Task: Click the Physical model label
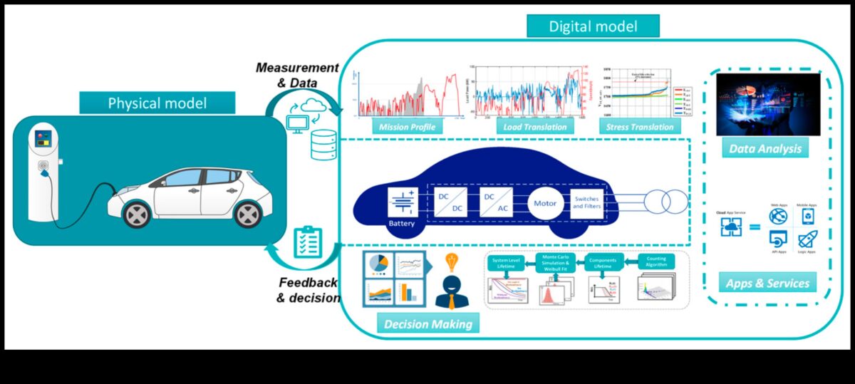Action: pos(157,103)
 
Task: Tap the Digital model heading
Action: pos(593,27)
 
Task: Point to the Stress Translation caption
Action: pos(640,127)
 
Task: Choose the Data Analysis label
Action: pos(765,149)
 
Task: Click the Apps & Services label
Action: pos(767,283)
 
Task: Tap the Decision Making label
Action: pos(428,324)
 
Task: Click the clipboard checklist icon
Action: pos(308,242)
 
